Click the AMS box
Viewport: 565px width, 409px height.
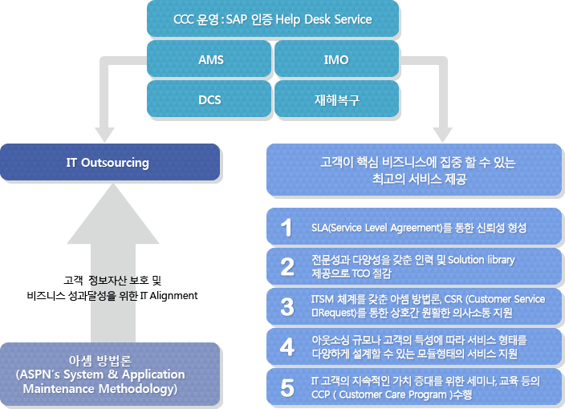(x=210, y=60)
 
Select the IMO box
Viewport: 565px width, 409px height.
(x=336, y=60)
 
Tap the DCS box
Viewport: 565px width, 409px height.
(x=210, y=99)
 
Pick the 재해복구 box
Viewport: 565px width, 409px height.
(x=336, y=99)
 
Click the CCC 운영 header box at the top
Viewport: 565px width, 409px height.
(x=273, y=19)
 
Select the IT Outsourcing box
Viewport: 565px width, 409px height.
(x=109, y=162)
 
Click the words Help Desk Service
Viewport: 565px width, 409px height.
(x=333, y=19)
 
